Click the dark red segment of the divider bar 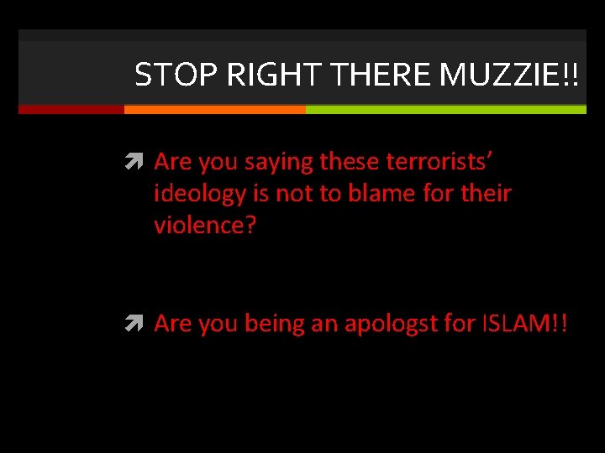[71, 109]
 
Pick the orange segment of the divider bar [214, 109]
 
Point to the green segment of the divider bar [445, 109]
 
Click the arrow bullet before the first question [138, 162]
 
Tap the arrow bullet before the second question [138, 325]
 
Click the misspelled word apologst [400, 324]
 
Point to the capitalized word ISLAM [523, 324]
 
